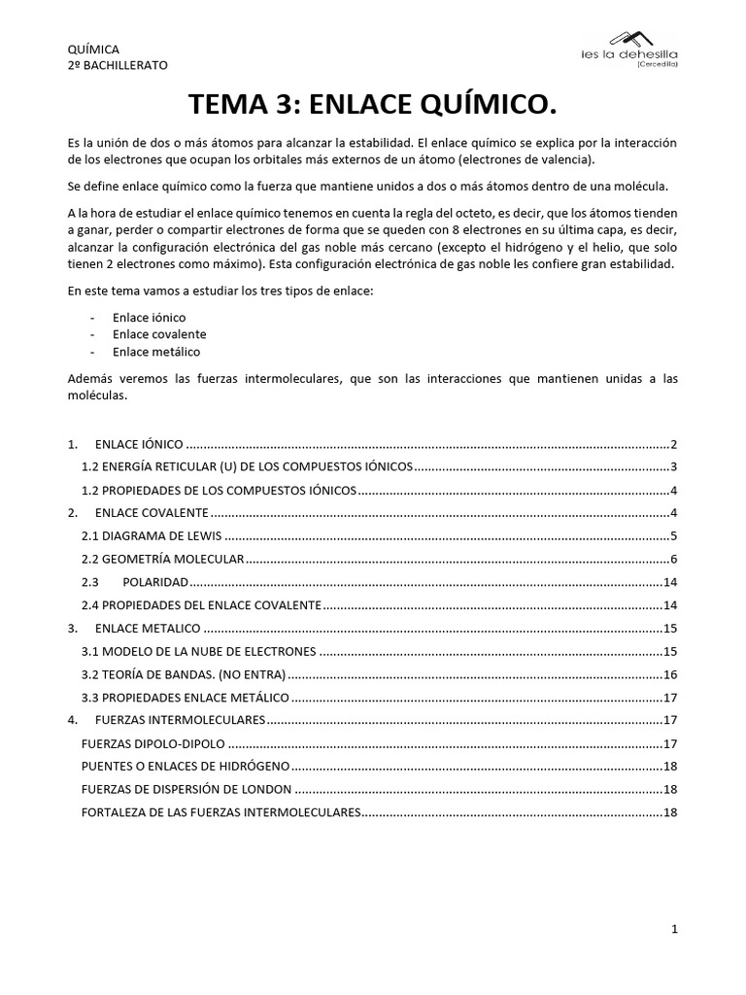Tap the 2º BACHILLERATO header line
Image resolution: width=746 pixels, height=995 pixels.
[x=117, y=65]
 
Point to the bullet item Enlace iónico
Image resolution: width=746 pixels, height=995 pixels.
[x=149, y=318]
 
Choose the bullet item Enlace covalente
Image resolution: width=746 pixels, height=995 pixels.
[x=159, y=334]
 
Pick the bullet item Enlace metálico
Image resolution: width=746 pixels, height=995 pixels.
[x=156, y=352]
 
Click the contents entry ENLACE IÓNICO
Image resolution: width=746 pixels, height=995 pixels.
[x=138, y=444]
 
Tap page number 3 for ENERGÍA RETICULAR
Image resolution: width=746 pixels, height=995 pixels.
[x=673, y=466]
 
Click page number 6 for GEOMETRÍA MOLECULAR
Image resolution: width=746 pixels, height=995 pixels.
[x=673, y=559]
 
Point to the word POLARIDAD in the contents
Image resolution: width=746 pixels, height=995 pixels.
[x=155, y=582]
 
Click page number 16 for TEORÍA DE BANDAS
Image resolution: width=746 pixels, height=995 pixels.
[x=669, y=674]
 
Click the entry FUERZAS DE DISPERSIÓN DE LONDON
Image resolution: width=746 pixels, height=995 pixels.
[x=186, y=789]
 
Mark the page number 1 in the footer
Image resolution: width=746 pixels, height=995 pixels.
[x=674, y=930]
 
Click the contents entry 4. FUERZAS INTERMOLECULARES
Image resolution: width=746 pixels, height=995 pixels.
[x=180, y=720]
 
